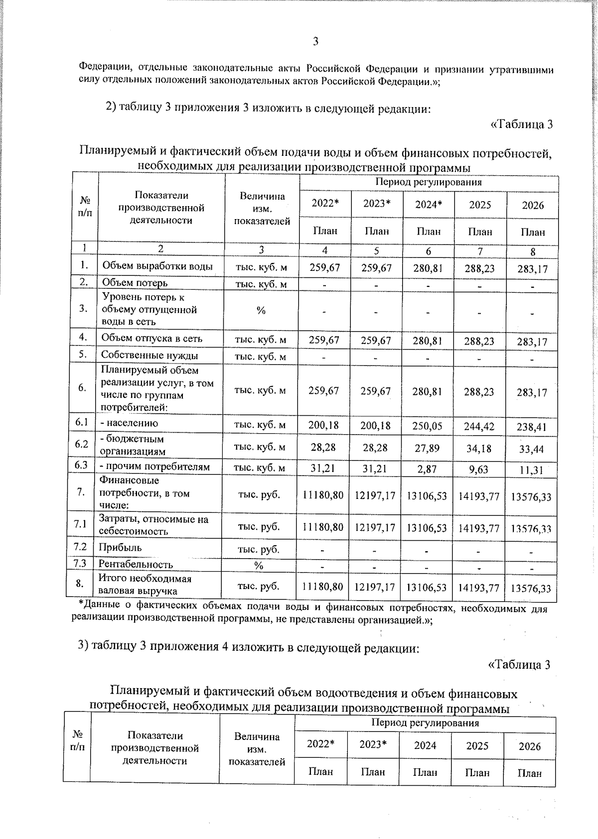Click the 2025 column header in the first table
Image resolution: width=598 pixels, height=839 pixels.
480,205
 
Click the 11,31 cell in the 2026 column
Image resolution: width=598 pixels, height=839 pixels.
532,470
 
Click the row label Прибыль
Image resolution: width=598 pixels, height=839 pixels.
120,547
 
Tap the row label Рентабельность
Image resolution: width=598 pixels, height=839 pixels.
136,564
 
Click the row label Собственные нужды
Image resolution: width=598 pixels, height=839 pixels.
149,355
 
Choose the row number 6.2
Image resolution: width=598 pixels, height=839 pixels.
82,444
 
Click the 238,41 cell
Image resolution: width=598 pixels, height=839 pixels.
532,427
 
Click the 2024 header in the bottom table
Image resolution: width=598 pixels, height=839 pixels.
425,745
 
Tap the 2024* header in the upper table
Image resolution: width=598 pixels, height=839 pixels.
429,204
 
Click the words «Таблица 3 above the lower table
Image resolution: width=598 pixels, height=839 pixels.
519,665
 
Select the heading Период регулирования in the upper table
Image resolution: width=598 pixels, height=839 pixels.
428,182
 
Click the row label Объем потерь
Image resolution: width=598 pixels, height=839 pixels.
135,283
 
